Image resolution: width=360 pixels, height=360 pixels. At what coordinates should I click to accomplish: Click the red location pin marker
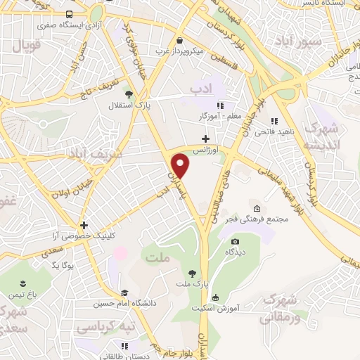(x=181, y=165)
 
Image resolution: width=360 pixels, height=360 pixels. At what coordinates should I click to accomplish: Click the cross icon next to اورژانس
(x=205, y=139)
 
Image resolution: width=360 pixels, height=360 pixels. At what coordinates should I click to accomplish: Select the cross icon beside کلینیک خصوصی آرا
(x=84, y=226)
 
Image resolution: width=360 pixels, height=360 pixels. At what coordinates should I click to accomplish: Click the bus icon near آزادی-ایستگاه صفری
(x=69, y=13)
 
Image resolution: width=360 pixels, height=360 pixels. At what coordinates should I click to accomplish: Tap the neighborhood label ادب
(x=200, y=87)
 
